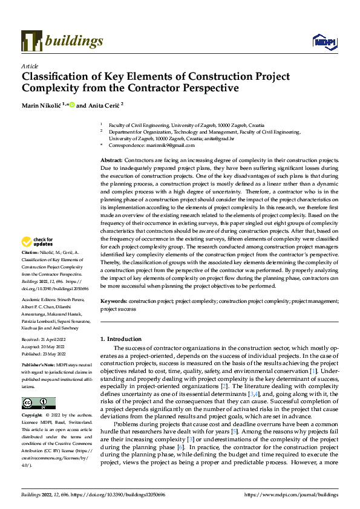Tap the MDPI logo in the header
coord(325,41)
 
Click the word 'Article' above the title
coord(30,65)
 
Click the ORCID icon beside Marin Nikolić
coord(71,105)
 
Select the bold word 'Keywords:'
coord(113,300)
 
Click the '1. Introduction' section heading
coord(121,339)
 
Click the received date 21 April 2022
coord(54,340)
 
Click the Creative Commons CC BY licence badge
coord(38,403)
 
